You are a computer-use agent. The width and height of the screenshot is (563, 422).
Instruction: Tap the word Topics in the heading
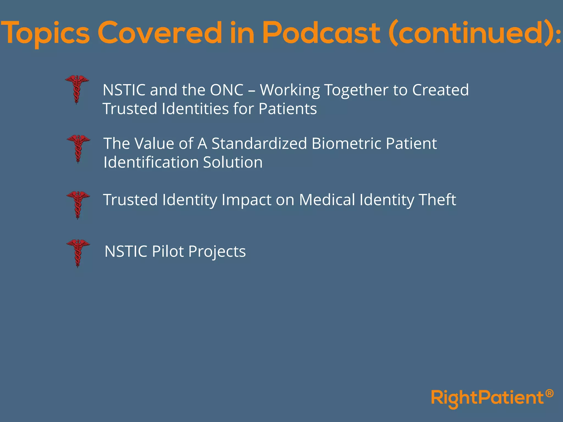point(45,34)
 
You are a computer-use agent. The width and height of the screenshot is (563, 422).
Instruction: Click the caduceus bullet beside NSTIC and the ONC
point(77,89)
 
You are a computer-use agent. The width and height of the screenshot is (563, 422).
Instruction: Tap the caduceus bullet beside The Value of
point(78,148)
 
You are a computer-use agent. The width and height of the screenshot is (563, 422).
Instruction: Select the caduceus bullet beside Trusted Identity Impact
point(78,205)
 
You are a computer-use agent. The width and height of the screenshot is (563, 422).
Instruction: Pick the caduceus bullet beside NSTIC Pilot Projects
point(78,253)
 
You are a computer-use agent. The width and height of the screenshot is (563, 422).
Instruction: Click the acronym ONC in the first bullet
point(227,90)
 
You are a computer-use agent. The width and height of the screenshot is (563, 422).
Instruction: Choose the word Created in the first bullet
point(440,90)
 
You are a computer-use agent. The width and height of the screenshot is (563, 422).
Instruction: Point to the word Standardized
point(259,143)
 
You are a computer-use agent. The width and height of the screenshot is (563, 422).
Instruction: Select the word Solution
point(233,162)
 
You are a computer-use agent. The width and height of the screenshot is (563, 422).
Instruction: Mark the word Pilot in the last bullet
point(168,251)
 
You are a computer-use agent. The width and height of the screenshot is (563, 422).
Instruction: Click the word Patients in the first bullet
point(288,109)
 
